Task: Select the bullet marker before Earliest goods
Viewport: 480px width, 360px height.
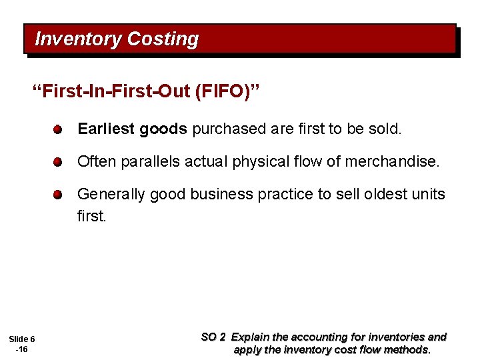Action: pos(59,129)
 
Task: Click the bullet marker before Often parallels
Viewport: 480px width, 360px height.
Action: pos(59,161)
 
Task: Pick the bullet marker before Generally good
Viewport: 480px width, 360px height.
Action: pos(59,194)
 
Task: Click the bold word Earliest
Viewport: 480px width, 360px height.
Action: pos(106,128)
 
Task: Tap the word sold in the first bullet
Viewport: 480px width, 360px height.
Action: pos(384,128)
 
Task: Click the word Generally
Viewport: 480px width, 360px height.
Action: pos(111,194)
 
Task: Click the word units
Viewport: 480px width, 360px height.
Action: pos(428,194)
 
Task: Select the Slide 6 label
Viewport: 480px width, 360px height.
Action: pos(21,339)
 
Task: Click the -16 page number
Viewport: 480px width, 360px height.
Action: pos(21,349)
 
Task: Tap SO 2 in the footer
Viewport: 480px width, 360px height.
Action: pos(213,337)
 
